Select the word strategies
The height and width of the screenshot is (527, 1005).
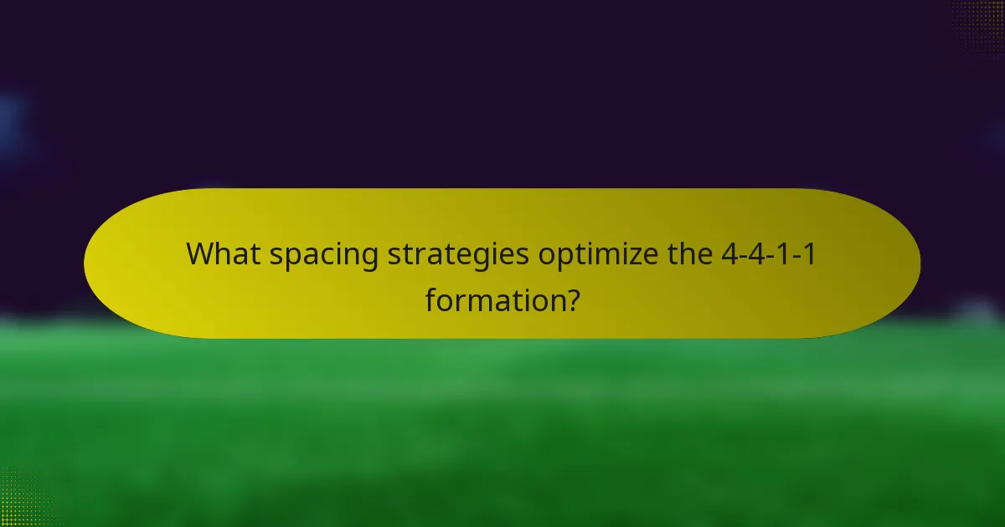coord(457,254)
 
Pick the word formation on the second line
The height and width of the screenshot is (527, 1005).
coord(490,299)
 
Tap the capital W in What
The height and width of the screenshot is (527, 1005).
coord(202,253)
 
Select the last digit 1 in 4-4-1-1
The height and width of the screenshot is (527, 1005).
coord(808,253)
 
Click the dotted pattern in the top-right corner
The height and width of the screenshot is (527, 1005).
coord(980,21)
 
